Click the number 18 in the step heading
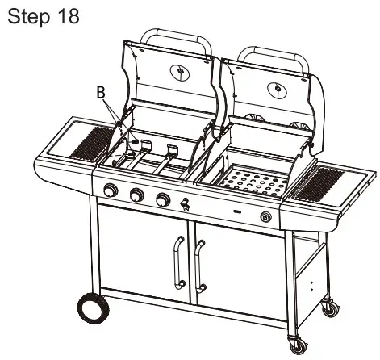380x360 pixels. [69, 16]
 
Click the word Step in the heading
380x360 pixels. [29, 18]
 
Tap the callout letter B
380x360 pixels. [101, 94]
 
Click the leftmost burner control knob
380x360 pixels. [111, 190]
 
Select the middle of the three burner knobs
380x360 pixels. [136, 195]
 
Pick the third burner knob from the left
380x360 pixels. [163, 200]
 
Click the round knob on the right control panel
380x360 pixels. [266, 216]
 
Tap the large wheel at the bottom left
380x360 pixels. [94, 309]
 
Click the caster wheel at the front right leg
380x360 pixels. [299, 345]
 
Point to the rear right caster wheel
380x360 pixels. [331, 308]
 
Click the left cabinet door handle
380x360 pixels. [178, 264]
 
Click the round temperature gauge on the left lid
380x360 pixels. [180, 72]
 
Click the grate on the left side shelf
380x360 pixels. [91, 143]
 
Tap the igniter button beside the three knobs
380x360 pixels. [185, 203]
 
